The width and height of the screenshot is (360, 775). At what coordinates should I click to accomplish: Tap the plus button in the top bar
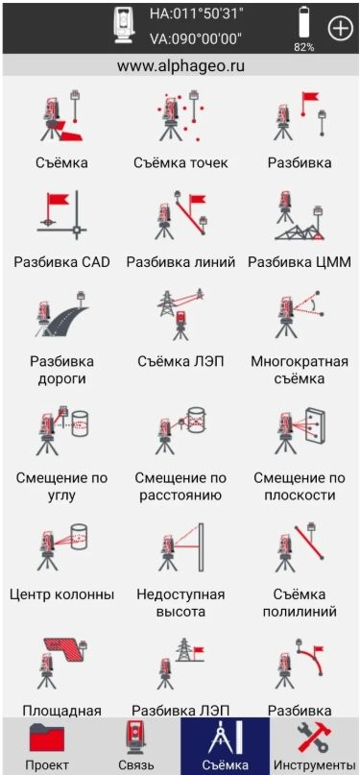[x=341, y=28]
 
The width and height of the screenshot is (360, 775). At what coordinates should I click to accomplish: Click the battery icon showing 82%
[x=303, y=24]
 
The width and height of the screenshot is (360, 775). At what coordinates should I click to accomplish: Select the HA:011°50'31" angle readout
[x=197, y=14]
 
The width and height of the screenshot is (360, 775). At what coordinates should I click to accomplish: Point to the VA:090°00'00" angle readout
[x=197, y=38]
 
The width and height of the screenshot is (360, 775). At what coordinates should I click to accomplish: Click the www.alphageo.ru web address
[x=181, y=66]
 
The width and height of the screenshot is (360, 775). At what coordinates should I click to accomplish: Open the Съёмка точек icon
[x=180, y=116]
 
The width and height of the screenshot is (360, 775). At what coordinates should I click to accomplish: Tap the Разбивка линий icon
[x=180, y=216]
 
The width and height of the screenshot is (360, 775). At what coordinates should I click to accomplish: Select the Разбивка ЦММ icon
[x=300, y=216]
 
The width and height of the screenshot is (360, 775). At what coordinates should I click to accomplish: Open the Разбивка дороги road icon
[x=61, y=315]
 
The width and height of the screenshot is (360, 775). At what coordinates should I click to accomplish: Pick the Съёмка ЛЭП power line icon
[x=180, y=315]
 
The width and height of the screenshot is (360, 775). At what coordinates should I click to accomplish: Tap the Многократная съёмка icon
[x=300, y=315]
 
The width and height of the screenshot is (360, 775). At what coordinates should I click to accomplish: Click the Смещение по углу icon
[x=61, y=429]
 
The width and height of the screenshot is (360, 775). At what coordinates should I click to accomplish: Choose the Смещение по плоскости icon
[x=300, y=429]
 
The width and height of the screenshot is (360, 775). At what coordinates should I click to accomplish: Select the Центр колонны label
[x=61, y=593]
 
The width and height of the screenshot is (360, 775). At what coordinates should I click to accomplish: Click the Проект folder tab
[x=47, y=745]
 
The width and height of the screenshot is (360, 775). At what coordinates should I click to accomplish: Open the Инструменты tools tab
[x=315, y=745]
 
